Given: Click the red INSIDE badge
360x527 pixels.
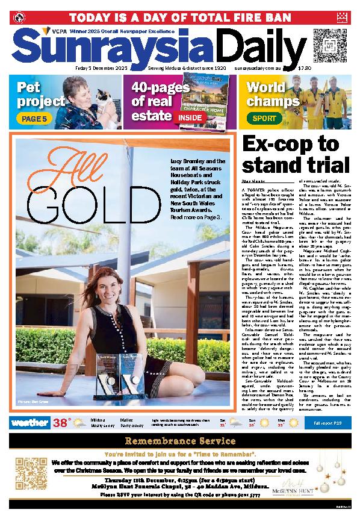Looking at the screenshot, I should click(188, 119).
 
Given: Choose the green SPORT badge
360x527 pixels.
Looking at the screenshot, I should click(263, 119).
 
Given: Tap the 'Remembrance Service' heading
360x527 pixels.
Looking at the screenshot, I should click(179, 441).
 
